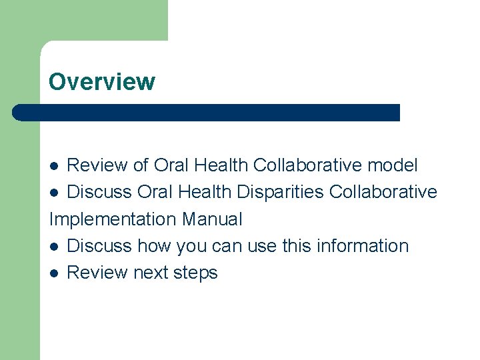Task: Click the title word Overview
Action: click(101, 82)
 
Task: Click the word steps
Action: click(198, 273)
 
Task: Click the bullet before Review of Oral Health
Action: click(56, 165)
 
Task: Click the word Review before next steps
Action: click(98, 273)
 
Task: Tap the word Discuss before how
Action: click(99, 246)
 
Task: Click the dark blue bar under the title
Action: click(207, 113)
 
